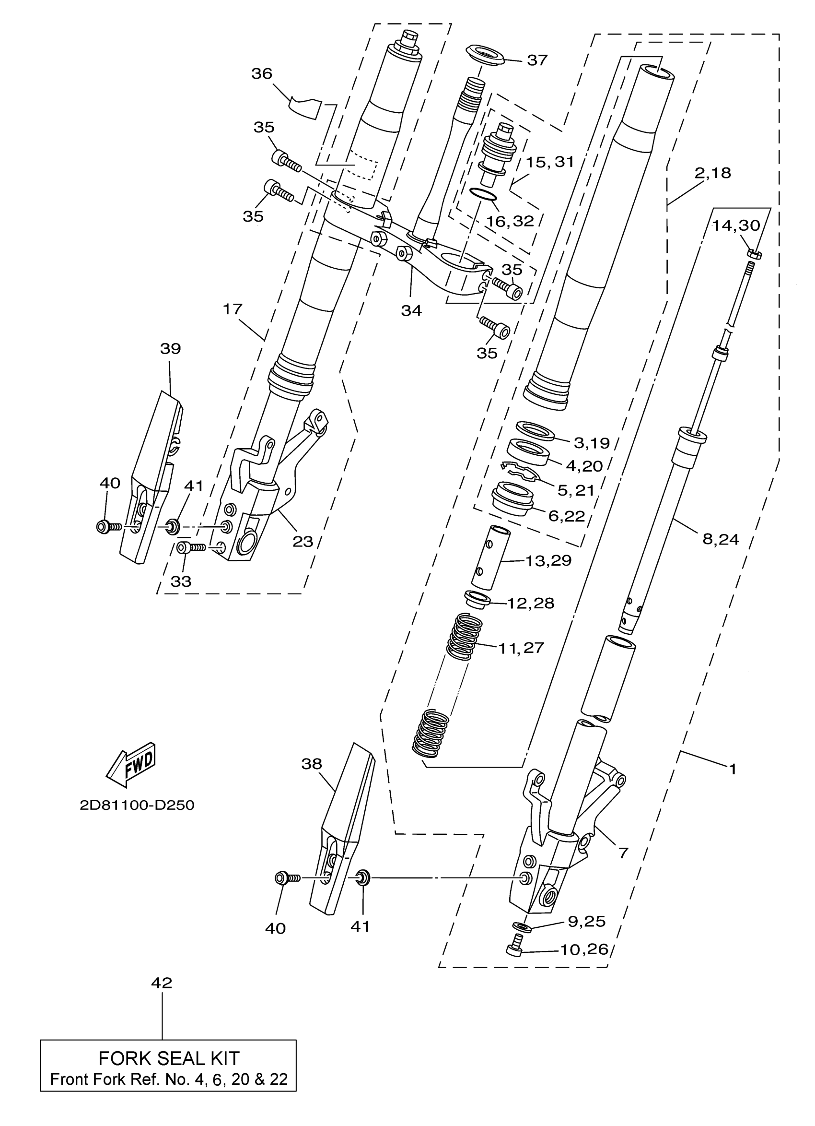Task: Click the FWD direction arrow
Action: [x=131, y=765]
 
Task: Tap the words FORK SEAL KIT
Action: [x=169, y=1058]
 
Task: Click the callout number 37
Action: [x=537, y=60]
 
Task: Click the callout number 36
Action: [x=261, y=73]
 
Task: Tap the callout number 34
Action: [x=411, y=311]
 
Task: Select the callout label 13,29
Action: [x=548, y=560]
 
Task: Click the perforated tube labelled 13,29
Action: [x=489, y=557]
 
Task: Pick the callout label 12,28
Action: [x=530, y=603]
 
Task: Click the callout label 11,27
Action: [x=521, y=648]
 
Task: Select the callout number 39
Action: [x=170, y=348]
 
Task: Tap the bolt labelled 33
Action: [x=190, y=548]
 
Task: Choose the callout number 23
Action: [x=303, y=541]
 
